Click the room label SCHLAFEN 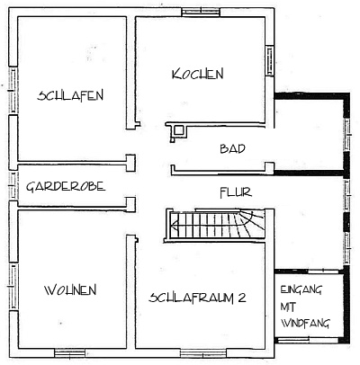(x=70, y=95)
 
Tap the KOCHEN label (x=198, y=74)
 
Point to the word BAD (x=232, y=148)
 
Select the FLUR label (x=236, y=192)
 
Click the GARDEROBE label (x=66, y=186)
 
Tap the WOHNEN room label (x=70, y=290)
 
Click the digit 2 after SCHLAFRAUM (x=242, y=298)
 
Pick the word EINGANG (x=301, y=289)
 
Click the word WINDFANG (x=305, y=323)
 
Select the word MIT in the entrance (x=288, y=307)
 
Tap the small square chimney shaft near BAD (x=179, y=130)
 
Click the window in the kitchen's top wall (x=201, y=12)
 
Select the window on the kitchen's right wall (x=270, y=61)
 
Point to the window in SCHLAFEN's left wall (x=13, y=90)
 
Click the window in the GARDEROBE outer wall (x=13, y=186)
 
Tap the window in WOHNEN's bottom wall (x=69, y=353)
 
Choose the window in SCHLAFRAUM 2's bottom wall (x=203, y=353)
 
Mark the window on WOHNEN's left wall (x=13, y=287)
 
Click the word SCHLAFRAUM (x=192, y=298)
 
